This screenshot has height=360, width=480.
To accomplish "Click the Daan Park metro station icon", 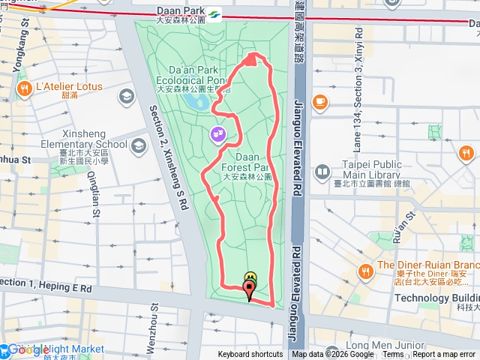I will click(214, 12).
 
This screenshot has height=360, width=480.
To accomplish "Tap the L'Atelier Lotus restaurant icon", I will click(25, 88).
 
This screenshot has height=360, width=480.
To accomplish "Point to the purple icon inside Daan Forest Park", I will click(217, 134).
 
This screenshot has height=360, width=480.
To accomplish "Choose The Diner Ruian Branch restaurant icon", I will click(366, 270).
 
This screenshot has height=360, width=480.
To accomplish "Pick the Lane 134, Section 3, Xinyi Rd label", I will click(358, 82).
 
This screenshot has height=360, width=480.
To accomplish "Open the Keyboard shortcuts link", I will click(250, 355).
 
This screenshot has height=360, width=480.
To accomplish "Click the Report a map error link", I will click(443, 355).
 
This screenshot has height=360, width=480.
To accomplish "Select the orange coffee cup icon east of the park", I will click(320, 100).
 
